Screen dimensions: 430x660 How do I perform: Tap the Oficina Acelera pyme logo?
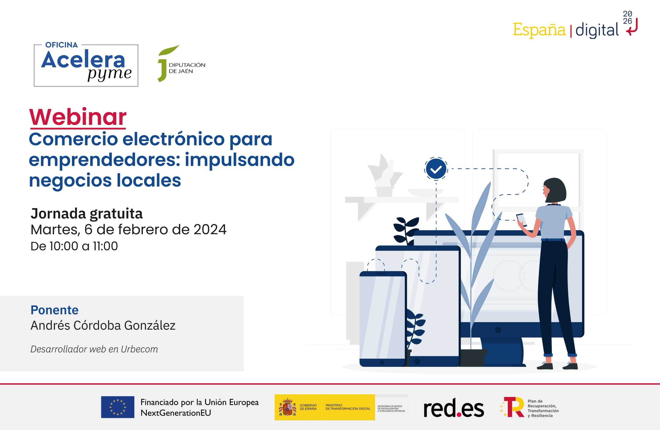(86, 66)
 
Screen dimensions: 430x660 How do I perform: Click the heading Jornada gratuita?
(87, 214)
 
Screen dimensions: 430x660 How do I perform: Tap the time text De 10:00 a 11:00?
(74, 246)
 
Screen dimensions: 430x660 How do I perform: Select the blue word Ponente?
(54, 310)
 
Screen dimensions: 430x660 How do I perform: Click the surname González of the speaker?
(150, 326)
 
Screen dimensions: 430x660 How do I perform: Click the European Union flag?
(118, 407)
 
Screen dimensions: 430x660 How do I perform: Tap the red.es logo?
(454, 408)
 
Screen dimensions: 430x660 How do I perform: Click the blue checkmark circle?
(436, 169)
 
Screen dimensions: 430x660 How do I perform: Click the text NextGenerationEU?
(176, 413)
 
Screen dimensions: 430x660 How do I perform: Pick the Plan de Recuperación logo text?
(543, 408)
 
